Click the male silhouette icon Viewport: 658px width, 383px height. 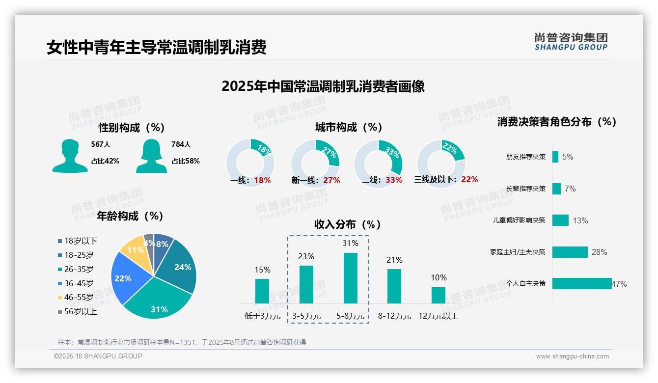click(x=70, y=156)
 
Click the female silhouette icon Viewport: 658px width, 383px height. click(x=151, y=156)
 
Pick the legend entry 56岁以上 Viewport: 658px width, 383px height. click(x=77, y=312)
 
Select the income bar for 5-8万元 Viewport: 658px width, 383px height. click(x=351, y=278)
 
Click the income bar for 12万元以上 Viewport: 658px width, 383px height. click(x=438, y=295)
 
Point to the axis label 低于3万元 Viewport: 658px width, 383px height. click(x=262, y=316)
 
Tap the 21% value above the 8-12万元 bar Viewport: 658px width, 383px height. click(x=394, y=260)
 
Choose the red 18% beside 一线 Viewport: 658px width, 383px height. click(x=262, y=180)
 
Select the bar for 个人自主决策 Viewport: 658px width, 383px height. click(x=582, y=283)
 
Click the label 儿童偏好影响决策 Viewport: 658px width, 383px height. click(x=519, y=220)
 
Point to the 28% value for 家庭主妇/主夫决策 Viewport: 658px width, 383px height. click(x=599, y=252)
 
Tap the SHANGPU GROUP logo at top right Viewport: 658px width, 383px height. click(x=571, y=42)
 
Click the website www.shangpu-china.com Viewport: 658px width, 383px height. click(x=572, y=356)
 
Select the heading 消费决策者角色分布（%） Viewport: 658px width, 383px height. click(x=556, y=122)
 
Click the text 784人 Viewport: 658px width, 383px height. click(x=181, y=144)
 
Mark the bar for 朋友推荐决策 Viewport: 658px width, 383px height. click(x=555, y=157)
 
